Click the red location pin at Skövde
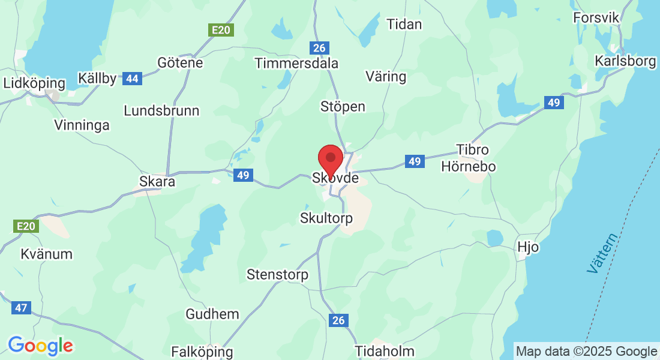pos(330,159)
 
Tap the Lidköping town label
pos(34,83)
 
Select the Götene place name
pos(180,62)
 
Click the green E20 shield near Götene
pos(221,29)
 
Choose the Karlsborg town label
pos(625,61)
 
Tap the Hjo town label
pos(528,247)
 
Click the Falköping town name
pos(202,352)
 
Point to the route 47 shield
pos(21,308)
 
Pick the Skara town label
pos(157,181)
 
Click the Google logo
pos(40,346)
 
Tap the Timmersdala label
pos(296,63)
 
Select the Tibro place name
pos(473,149)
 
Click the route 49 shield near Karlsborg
pos(554,103)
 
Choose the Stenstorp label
pos(277,275)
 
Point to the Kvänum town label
pos(46,254)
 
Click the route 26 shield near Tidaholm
pos(338,320)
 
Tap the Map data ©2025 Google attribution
pos(586,352)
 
